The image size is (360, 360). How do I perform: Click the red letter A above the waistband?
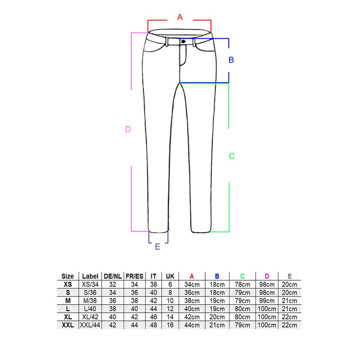coord(180,17)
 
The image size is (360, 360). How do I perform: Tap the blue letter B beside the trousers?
coord(231,60)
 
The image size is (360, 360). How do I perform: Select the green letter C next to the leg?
coord(232,156)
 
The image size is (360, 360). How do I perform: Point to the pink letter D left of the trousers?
coord(128,129)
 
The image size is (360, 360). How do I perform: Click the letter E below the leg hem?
coord(157,247)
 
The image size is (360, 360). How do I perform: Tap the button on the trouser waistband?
coord(183,41)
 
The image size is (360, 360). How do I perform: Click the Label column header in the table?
coord(90,276)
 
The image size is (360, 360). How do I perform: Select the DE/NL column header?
coord(112,276)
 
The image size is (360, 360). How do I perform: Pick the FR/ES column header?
coord(134,276)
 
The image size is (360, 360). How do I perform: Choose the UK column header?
coord(170,276)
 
